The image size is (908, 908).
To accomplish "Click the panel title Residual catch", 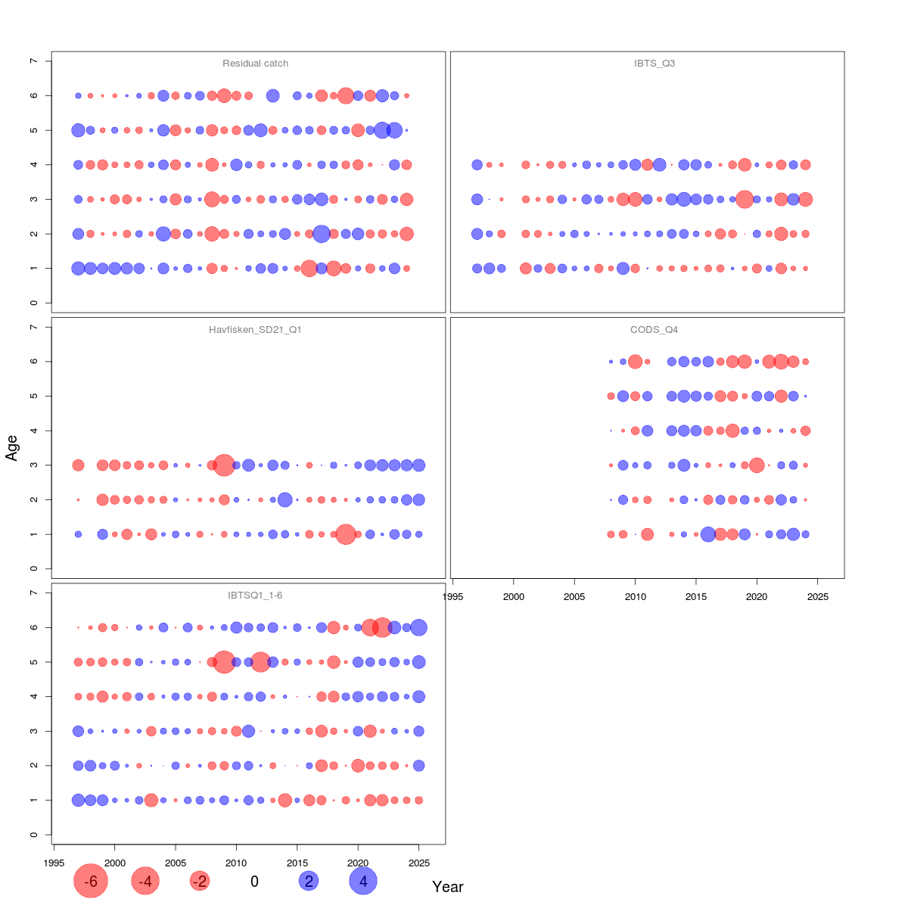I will pos(255,64).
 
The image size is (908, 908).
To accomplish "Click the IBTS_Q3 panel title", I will pos(655,64).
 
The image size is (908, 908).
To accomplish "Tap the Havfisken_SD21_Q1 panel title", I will pos(255,330).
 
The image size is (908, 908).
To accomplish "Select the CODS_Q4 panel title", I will pos(655,330).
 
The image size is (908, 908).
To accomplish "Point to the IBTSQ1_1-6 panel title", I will pos(255,595).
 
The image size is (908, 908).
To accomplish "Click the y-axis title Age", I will pos(11,448).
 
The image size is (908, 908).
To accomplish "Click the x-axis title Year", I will pos(447,887).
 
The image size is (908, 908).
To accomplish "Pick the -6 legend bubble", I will pos(91,882).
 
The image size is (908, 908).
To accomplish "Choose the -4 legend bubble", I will pos(145,882).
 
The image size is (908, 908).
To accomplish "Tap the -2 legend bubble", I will pos(200,882).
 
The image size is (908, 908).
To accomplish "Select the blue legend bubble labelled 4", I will pos(363,882).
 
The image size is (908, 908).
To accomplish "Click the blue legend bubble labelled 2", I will pos(308,882).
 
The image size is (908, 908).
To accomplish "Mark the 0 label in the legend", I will pos(254,882).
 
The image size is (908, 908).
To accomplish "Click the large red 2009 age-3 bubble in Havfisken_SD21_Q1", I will pos(224,465).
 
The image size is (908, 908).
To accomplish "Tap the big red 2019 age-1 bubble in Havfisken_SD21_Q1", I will pos(346,534).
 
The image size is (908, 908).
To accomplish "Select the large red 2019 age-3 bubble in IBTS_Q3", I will pos(745,200).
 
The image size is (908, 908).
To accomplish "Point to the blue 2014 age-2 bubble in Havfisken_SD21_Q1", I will pos(285,499).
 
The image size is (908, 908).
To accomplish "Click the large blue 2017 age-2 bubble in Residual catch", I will pos(321,234).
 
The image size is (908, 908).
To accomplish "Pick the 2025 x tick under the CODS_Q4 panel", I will pos(818,597).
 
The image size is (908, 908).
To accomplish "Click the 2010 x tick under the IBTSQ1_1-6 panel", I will pos(236,863).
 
